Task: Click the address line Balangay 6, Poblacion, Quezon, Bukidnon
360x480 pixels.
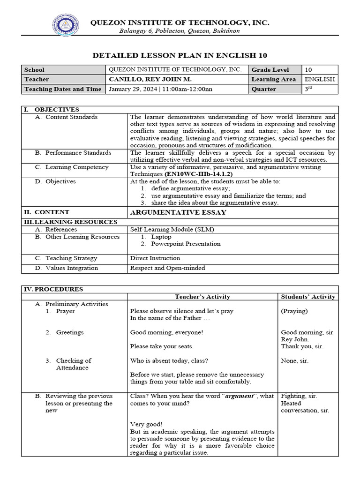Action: [180, 31]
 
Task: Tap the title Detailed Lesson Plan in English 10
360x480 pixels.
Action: [180, 55]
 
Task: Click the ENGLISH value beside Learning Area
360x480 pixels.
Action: [320, 79]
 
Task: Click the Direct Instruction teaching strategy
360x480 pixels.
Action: [155, 258]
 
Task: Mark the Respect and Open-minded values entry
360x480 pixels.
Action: [167, 268]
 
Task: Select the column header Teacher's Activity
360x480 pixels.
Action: [202, 297]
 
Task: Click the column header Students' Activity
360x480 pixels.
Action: [308, 297]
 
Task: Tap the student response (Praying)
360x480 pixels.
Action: [294, 311]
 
